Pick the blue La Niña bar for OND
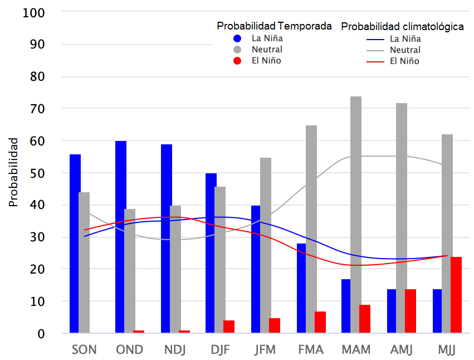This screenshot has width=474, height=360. pyautogui.click(x=121, y=237)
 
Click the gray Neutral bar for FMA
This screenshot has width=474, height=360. pyautogui.click(x=311, y=229)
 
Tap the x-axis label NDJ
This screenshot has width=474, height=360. pyautogui.click(x=175, y=350)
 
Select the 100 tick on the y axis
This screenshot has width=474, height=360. pyautogui.click(x=35, y=12)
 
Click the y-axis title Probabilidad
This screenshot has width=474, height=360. pyautogui.click(x=13, y=172)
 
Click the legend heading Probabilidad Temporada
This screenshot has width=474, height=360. pyautogui.click(x=275, y=26)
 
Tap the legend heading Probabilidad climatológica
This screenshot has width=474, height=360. pyautogui.click(x=402, y=27)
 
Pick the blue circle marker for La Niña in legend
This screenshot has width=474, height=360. pyautogui.click(x=237, y=38)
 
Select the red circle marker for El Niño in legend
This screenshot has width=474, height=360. pyautogui.click(x=237, y=60)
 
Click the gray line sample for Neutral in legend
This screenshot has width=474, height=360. pyautogui.click(x=376, y=50)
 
